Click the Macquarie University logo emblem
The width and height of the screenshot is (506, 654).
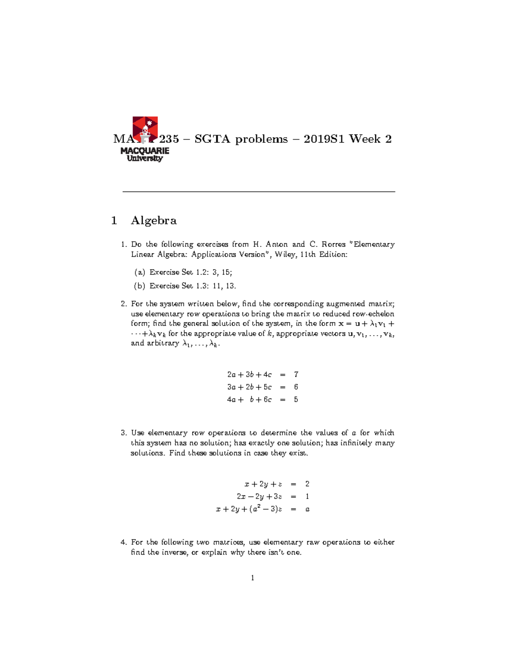click(145, 130)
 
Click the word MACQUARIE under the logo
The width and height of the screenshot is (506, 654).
click(145, 151)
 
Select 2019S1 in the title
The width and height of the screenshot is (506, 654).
click(323, 139)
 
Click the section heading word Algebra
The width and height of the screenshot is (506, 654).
click(153, 220)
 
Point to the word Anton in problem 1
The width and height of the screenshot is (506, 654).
click(277, 244)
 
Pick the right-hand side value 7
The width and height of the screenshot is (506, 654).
click(296, 374)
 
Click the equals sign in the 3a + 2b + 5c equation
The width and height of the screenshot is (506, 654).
click(283, 387)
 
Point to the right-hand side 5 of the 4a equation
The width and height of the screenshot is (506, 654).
click(296, 400)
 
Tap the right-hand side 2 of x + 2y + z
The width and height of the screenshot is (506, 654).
click(307, 484)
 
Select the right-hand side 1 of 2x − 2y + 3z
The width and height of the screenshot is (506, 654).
click(307, 497)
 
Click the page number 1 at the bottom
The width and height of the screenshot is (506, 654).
click(253, 578)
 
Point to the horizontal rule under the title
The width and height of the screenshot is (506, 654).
click(258, 192)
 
